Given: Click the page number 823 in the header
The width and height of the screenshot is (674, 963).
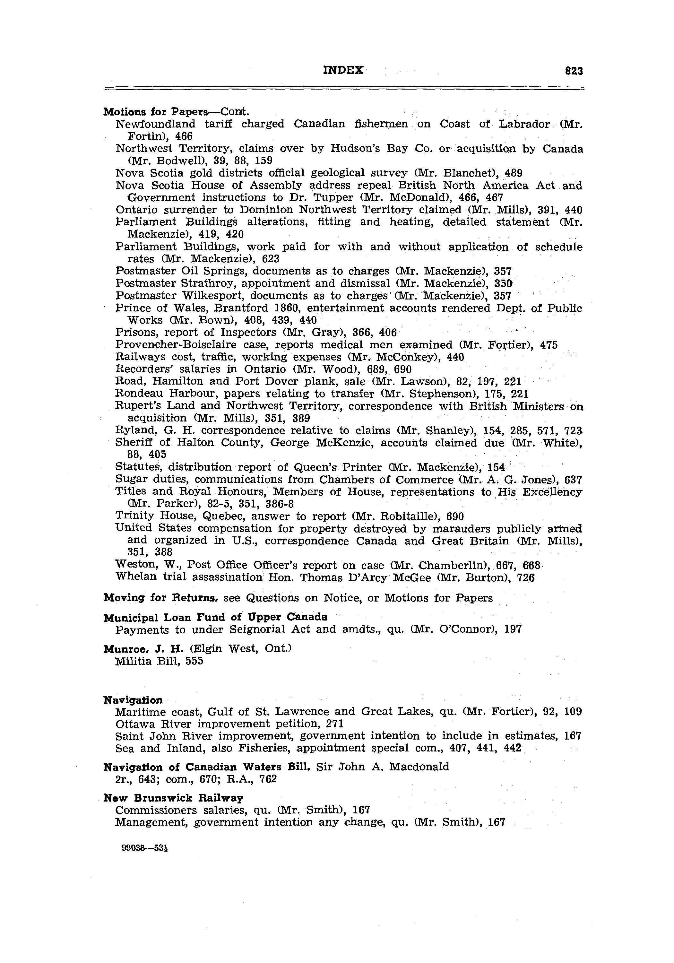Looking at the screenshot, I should point(574,71).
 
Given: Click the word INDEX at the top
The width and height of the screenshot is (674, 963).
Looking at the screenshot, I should point(343,70).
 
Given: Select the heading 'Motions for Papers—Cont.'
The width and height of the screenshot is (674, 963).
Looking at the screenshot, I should point(176,112).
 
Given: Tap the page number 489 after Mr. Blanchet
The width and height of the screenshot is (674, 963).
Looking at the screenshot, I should point(514,173).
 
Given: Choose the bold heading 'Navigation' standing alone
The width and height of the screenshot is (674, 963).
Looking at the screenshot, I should point(133,700).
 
